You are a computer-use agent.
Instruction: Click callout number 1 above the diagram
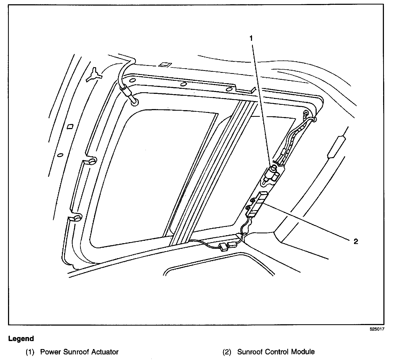251,38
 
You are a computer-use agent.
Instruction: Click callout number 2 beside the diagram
356,242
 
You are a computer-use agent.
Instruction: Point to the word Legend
21,339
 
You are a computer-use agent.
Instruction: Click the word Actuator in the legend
105,352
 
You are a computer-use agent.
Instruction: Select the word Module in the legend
303,352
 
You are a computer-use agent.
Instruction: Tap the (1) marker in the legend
30,352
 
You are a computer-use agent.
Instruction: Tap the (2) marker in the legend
227,352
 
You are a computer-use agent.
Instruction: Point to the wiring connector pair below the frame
227,246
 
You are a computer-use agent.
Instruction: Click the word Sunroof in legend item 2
250,352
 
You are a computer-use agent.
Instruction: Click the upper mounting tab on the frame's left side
91,161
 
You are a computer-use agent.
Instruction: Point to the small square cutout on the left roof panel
70,126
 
